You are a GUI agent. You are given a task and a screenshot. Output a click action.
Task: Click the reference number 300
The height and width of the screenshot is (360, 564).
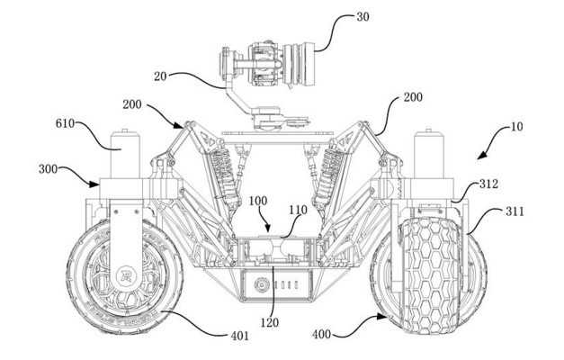pyautogui.click(x=51, y=169)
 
